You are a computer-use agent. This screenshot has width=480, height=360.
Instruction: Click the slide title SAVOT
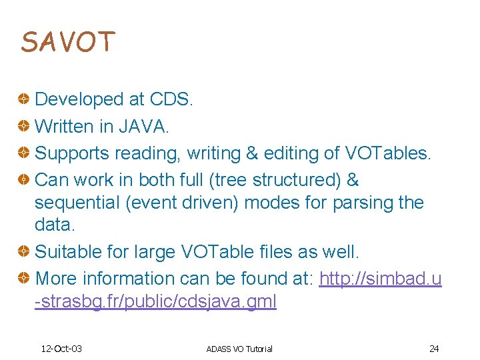pyautogui.click(x=68, y=41)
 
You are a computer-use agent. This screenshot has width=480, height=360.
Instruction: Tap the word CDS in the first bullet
pyautogui.click(x=171, y=99)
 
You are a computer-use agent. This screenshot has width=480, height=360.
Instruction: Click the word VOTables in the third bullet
pyautogui.click(x=388, y=153)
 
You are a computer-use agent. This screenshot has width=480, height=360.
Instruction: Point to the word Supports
pyautogui.click(x=72, y=153)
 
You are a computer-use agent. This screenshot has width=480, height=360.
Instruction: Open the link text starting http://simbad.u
pyautogui.click(x=380, y=279)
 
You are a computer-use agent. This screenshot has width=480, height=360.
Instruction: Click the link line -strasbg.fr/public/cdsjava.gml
pyautogui.click(x=155, y=301)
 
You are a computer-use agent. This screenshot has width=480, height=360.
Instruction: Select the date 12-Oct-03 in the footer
pyautogui.click(x=61, y=349)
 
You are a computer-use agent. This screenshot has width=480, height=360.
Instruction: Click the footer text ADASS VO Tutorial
pyautogui.click(x=239, y=349)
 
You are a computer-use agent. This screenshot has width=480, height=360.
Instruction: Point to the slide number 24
pyautogui.click(x=434, y=349)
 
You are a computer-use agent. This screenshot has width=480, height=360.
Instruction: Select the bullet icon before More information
pyautogui.click(x=23, y=279)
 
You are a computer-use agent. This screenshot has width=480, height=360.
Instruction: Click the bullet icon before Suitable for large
pyautogui.click(x=23, y=252)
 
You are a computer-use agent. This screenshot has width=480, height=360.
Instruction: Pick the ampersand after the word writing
pyautogui.click(x=251, y=153)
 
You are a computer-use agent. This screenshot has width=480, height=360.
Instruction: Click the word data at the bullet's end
pyautogui.click(x=53, y=225)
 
